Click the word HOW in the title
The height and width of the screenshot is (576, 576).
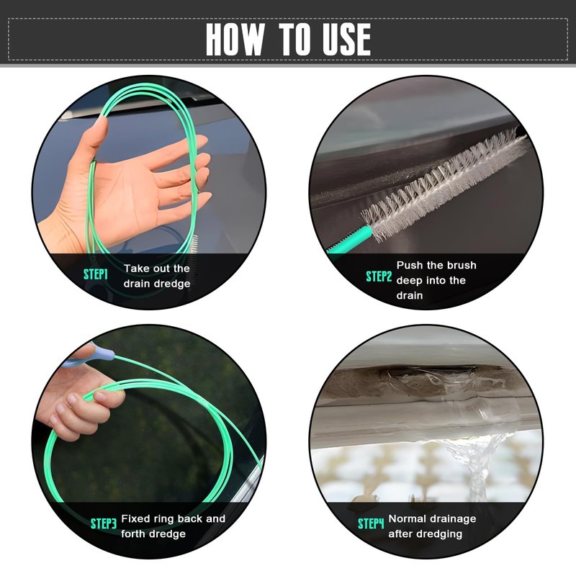point(235,40)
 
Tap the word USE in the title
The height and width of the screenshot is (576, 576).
point(346,40)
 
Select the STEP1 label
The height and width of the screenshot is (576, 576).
point(96,274)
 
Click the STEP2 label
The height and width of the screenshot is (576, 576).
point(379,276)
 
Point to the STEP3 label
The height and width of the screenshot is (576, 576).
point(104,523)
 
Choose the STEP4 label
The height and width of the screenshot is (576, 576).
point(371,523)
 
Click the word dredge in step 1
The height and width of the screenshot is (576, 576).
point(172,284)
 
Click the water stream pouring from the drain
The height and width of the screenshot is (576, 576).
point(477,467)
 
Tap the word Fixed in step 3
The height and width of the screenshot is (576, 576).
point(135,518)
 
